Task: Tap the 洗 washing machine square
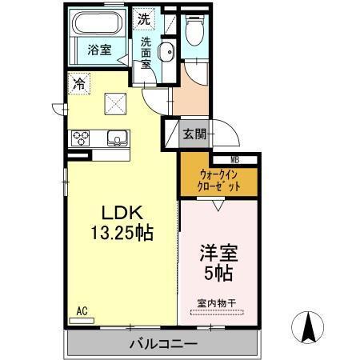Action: [143, 18]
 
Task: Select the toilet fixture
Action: [194, 31]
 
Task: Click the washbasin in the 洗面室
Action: [165, 54]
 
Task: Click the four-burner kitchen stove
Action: [82, 138]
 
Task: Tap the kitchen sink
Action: [118, 138]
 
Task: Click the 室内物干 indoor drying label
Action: [217, 302]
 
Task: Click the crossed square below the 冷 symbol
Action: [115, 102]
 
